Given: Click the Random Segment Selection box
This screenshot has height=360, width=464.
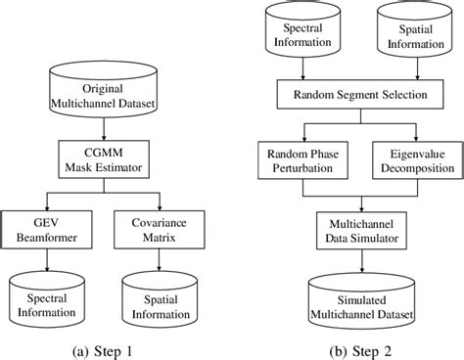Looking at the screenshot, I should tap(359, 96).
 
